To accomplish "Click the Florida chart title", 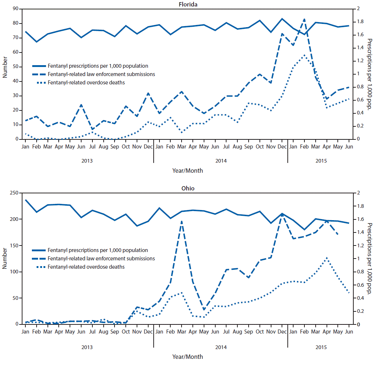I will point(187,4).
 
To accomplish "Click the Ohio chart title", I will point(187,188).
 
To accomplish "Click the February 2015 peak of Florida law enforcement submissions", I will point(304,19).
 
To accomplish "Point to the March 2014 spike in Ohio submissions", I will point(181,221).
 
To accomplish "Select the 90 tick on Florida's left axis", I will point(16,9).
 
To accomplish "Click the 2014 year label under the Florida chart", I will point(221,161).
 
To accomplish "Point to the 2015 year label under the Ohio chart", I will point(321,347).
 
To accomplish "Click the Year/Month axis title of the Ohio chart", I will point(187,357).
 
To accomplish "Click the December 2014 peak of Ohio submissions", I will point(282,214).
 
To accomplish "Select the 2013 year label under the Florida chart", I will point(87,161).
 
